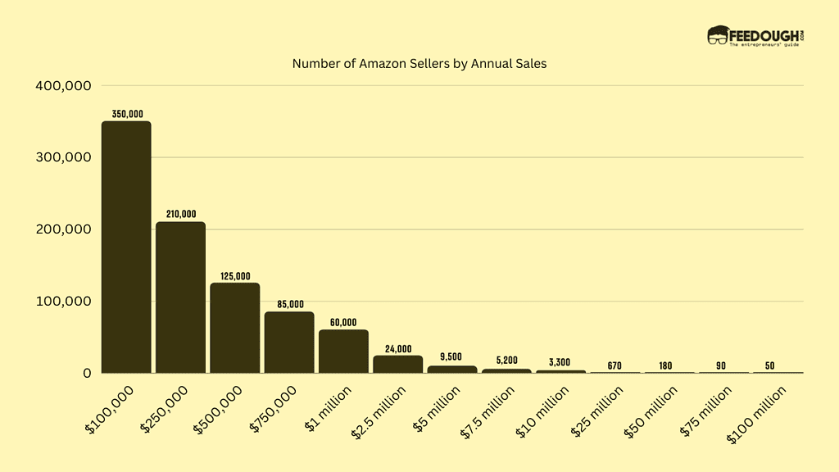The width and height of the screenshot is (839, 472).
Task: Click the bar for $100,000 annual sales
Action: pos(126,247)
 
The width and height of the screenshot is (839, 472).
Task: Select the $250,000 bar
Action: pos(180,297)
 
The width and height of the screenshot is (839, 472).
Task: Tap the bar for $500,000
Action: pos(235,328)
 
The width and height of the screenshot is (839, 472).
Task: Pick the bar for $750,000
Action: pos(289,343)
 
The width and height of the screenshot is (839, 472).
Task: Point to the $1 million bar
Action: pos(343,352)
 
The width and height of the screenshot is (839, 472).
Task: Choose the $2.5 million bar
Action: pos(398,364)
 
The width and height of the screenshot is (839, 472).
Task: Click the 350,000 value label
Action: pos(126,114)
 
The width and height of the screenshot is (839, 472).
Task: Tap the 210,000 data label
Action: pos(180,214)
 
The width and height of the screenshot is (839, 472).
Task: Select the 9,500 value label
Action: pos(452,357)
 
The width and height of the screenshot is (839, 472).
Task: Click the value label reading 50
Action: pos(778,365)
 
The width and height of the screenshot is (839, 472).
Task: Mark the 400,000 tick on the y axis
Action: pos(62,85)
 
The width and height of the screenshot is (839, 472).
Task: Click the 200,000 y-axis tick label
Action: pos(62,229)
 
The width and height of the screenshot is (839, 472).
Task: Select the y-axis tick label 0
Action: pos(86,374)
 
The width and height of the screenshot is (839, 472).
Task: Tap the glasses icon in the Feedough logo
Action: pos(718,34)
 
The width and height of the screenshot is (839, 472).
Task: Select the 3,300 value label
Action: pos(561,362)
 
